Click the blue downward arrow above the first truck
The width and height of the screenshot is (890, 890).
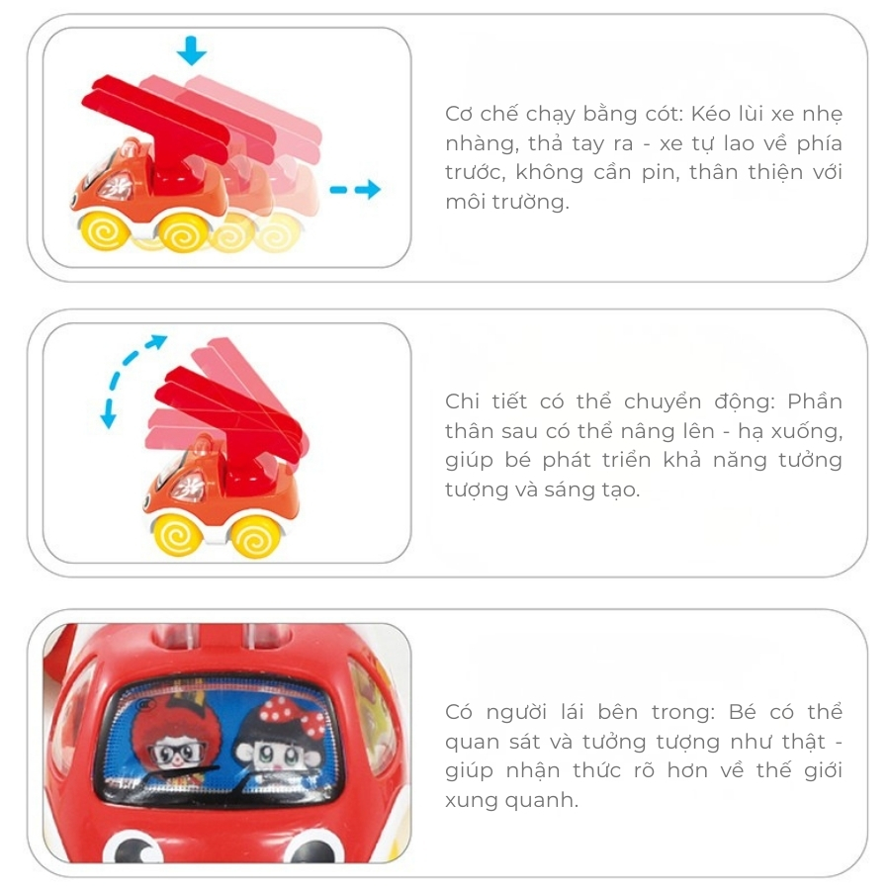tap(191, 50)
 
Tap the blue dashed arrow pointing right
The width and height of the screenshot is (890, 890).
tap(355, 190)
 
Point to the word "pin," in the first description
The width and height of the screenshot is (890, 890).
tap(661, 172)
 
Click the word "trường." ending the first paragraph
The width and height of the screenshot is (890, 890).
tap(531, 202)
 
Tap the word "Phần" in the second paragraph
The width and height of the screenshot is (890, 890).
tap(815, 401)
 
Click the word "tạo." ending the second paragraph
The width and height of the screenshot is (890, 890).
tap(620, 489)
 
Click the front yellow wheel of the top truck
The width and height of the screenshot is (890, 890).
tap(105, 229)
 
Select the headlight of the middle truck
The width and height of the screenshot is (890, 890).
tap(188, 487)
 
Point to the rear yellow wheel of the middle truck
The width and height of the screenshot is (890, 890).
tap(256, 536)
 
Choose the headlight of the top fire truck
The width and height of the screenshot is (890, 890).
tap(116, 186)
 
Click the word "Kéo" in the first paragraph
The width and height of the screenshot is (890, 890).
tap(709, 114)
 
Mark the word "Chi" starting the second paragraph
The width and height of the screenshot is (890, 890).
tap(461, 401)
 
